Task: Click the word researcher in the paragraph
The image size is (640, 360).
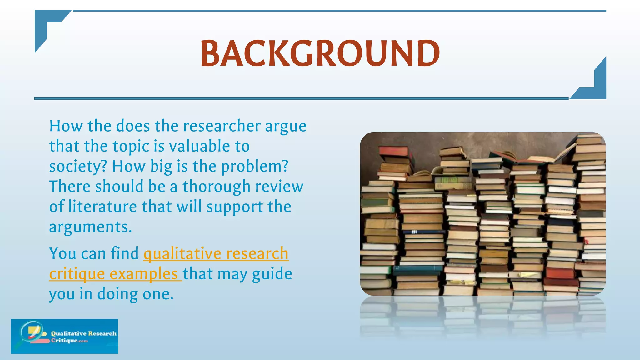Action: tap(222, 126)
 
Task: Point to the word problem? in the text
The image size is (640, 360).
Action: tap(254, 166)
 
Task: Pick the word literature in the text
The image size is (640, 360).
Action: tap(102, 207)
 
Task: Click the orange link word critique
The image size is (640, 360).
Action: tap(77, 274)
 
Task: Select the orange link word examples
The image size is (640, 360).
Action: tap(144, 274)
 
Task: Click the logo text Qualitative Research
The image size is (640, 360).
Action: tap(84, 333)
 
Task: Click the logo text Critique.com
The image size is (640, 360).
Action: tap(69, 340)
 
